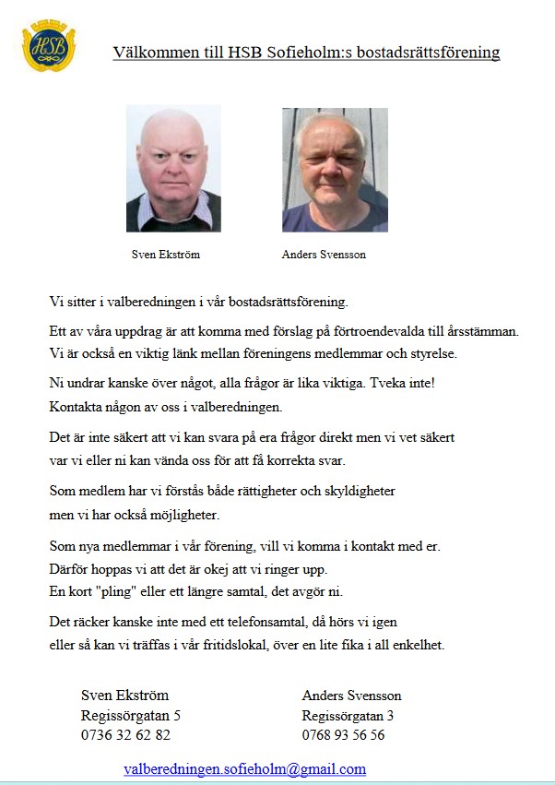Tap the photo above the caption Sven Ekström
pyautogui.click(x=173, y=168)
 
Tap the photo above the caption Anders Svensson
pyautogui.click(x=335, y=169)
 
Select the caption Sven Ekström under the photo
pyautogui.click(x=166, y=255)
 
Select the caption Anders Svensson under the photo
pyautogui.click(x=324, y=255)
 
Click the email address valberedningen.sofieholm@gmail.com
pyautogui.click(x=244, y=768)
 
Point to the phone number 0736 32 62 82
pyautogui.click(x=125, y=735)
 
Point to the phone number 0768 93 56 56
pyautogui.click(x=343, y=735)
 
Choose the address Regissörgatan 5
pyautogui.click(x=131, y=715)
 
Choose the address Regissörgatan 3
pyautogui.click(x=348, y=715)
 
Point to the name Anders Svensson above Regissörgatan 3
pyautogui.click(x=351, y=695)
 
